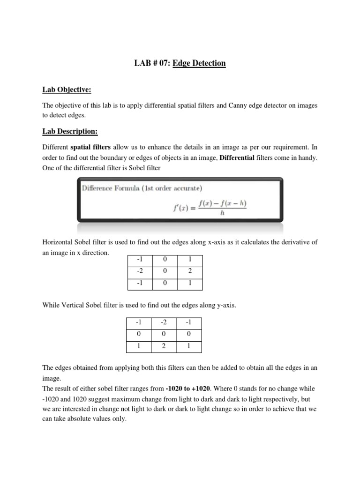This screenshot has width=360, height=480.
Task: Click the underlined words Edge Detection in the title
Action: pos(199,63)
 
